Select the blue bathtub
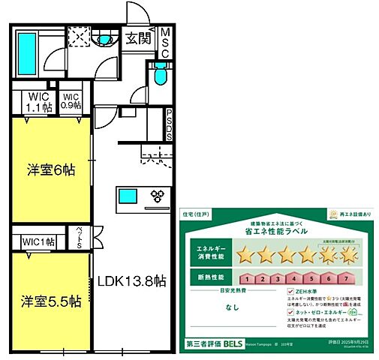[x=26, y=49]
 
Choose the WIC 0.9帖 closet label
[x=71, y=101]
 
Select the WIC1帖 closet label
[x=38, y=241]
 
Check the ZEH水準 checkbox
[x=291, y=292]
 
